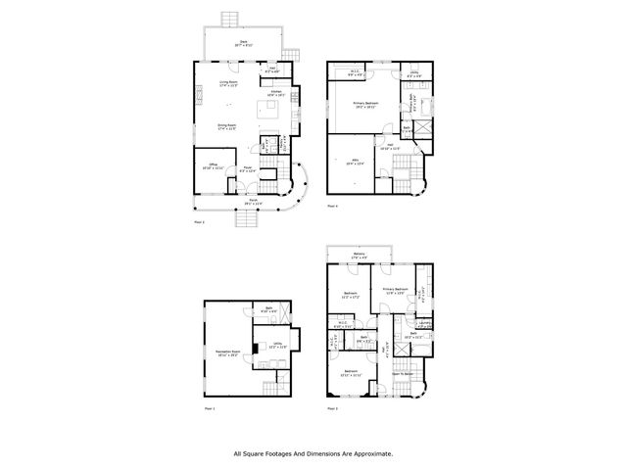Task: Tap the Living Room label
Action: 229,83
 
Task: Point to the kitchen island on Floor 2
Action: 268,107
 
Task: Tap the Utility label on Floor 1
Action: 278,343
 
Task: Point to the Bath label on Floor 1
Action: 269,310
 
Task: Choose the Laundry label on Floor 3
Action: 425,323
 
